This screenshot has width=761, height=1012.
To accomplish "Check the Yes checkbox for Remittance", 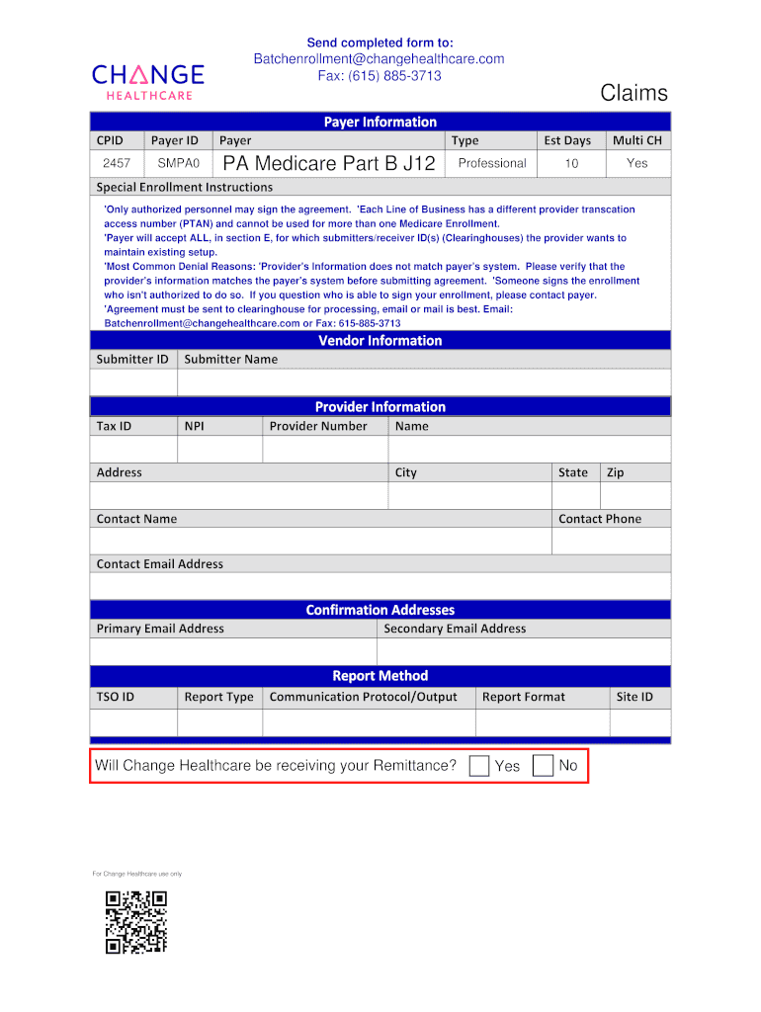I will pyautogui.click(x=479, y=766).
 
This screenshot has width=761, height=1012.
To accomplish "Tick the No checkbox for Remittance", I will pyautogui.click(x=543, y=766).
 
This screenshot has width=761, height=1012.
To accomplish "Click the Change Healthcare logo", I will pyautogui.click(x=148, y=81).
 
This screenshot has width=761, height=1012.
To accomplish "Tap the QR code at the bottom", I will pyautogui.click(x=136, y=922).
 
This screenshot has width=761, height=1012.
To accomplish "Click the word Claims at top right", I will pyautogui.click(x=634, y=93).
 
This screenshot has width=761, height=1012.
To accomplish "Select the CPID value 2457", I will pyautogui.click(x=117, y=163).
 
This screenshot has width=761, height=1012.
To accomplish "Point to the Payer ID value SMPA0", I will pyautogui.click(x=179, y=163).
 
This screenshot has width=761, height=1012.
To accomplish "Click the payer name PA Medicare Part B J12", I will pyautogui.click(x=329, y=164).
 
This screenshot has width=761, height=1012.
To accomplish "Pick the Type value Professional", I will pyautogui.click(x=492, y=163).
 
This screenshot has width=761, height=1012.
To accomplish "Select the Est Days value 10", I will pyautogui.click(x=571, y=163).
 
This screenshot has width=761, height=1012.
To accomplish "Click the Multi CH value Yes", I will pyautogui.click(x=636, y=163).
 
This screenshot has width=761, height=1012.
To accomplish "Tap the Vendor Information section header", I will pyautogui.click(x=380, y=341).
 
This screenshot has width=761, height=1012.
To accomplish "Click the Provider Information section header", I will pyautogui.click(x=380, y=407).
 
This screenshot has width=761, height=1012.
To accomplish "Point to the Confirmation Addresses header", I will pyautogui.click(x=380, y=610).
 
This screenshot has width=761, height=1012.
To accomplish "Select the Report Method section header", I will pyautogui.click(x=380, y=676).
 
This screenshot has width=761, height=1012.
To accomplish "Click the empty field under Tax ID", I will pyautogui.click(x=133, y=450).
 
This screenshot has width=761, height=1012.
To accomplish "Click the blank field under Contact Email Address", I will pyautogui.click(x=380, y=586).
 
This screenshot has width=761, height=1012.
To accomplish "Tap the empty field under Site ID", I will pyautogui.click(x=639, y=722).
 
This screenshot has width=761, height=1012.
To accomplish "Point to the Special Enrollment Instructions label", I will pyautogui.click(x=185, y=187).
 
